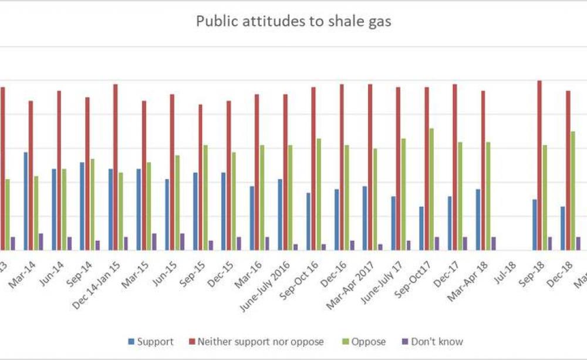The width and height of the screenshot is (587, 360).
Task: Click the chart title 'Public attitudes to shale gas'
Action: (293, 22)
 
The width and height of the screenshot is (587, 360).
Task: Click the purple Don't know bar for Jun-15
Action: (182, 241)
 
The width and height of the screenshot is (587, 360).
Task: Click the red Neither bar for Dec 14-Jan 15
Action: (116, 167)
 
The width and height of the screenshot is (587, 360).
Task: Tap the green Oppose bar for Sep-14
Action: (92, 204)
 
